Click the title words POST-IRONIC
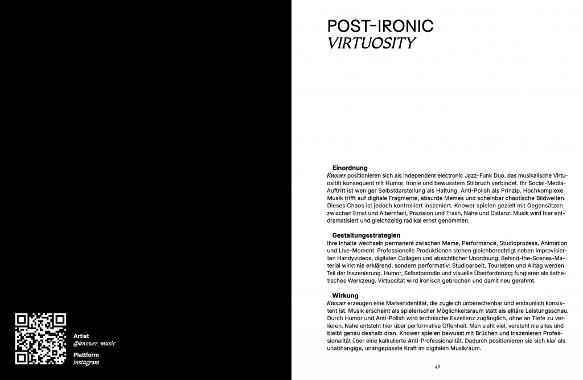(x=380, y=26)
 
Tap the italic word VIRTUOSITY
(x=371, y=43)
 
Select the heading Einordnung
(x=350, y=168)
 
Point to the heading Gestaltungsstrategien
(x=366, y=235)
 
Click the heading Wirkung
(x=345, y=296)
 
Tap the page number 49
(x=437, y=366)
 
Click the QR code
(x=40, y=338)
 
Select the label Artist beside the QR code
(x=81, y=336)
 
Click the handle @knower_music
(x=95, y=344)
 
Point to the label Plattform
(x=85, y=354)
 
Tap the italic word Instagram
(x=87, y=362)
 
